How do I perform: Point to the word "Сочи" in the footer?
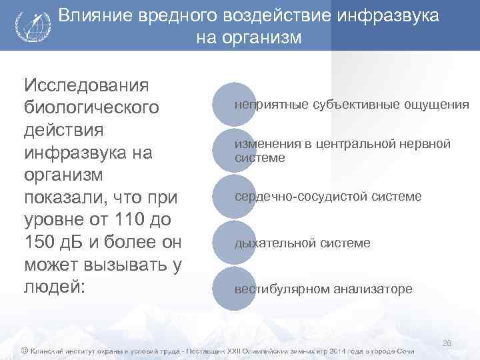(x=404, y=351)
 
